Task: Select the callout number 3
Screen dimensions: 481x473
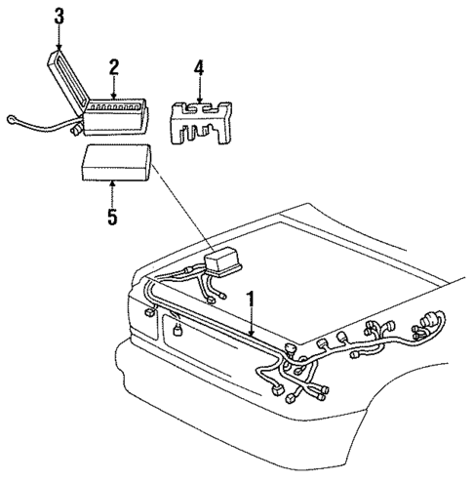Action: (x=59, y=17)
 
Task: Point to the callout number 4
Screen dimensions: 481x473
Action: (x=199, y=68)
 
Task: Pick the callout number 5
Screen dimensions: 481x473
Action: (x=111, y=216)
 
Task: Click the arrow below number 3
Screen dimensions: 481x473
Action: (x=59, y=39)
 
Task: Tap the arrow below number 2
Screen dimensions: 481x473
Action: (x=114, y=88)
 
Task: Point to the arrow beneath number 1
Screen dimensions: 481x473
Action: (x=252, y=322)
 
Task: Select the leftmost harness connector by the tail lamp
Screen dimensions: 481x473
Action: (x=148, y=312)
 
